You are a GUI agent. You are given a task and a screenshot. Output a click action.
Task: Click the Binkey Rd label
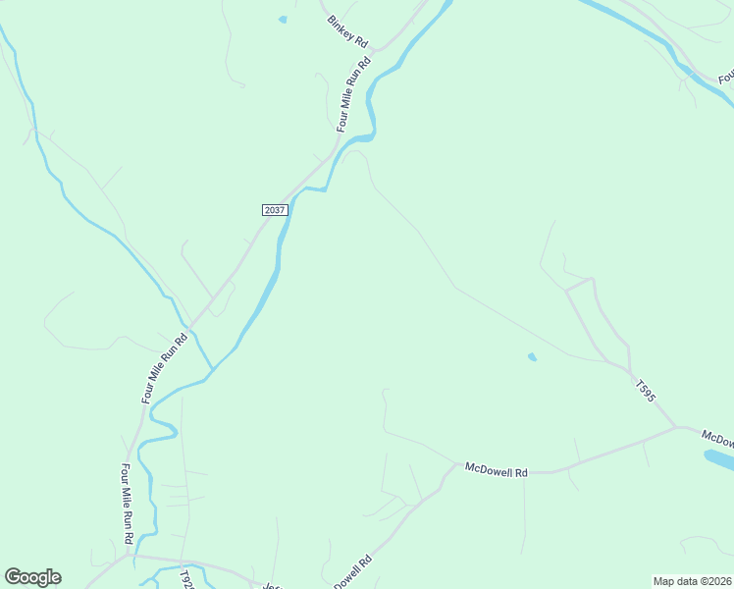[x=348, y=31]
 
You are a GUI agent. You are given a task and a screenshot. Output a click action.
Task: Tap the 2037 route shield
[x=275, y=210]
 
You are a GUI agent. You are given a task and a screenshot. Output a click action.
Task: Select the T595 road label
[x=645, y=390]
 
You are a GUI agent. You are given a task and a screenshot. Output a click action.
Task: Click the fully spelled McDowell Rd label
[x=497, y=470]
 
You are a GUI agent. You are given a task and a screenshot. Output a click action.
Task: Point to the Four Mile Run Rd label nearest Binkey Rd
[x=354, y=95]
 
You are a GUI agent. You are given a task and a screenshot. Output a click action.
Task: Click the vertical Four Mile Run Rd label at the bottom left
[x=127, y=503]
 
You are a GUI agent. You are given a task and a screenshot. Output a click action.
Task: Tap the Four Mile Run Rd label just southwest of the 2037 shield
[x=164, y=367]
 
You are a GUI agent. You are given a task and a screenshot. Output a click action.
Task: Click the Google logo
[x=32, y=577]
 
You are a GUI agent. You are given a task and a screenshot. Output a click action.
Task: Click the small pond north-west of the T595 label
[x=532, y=356]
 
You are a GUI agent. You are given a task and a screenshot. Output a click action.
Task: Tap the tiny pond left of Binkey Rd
[x=283, y=19]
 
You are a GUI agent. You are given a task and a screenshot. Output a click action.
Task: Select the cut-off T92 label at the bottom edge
[x=187, y=577]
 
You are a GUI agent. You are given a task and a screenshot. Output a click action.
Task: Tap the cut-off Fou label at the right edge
[x=725, y=77]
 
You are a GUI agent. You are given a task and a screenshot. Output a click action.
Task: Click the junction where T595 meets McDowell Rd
[x=675, y=427]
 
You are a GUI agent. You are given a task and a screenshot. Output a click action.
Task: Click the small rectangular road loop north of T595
[x=579, y=286]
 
